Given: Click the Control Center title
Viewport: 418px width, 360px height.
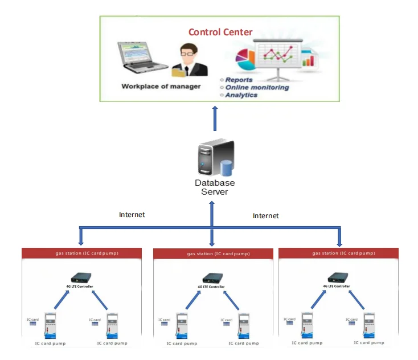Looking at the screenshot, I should coord(220,32).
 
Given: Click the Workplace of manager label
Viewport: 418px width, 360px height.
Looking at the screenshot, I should coord(161,87).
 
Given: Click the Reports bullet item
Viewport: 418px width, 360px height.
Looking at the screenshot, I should coord(239,80).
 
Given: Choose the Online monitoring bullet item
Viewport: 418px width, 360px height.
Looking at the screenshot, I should coord(257,88).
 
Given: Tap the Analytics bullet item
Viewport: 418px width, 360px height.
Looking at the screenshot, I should coord(241,95).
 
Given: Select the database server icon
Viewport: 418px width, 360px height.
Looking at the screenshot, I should coord(215,158).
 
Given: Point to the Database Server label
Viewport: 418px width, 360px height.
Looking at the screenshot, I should coord(215,187).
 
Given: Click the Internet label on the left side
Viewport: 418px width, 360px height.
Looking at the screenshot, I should coord(132,215).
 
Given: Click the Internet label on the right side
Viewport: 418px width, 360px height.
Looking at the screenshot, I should coord(266,216).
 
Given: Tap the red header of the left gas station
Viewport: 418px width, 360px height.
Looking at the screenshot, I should coord(81,253).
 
